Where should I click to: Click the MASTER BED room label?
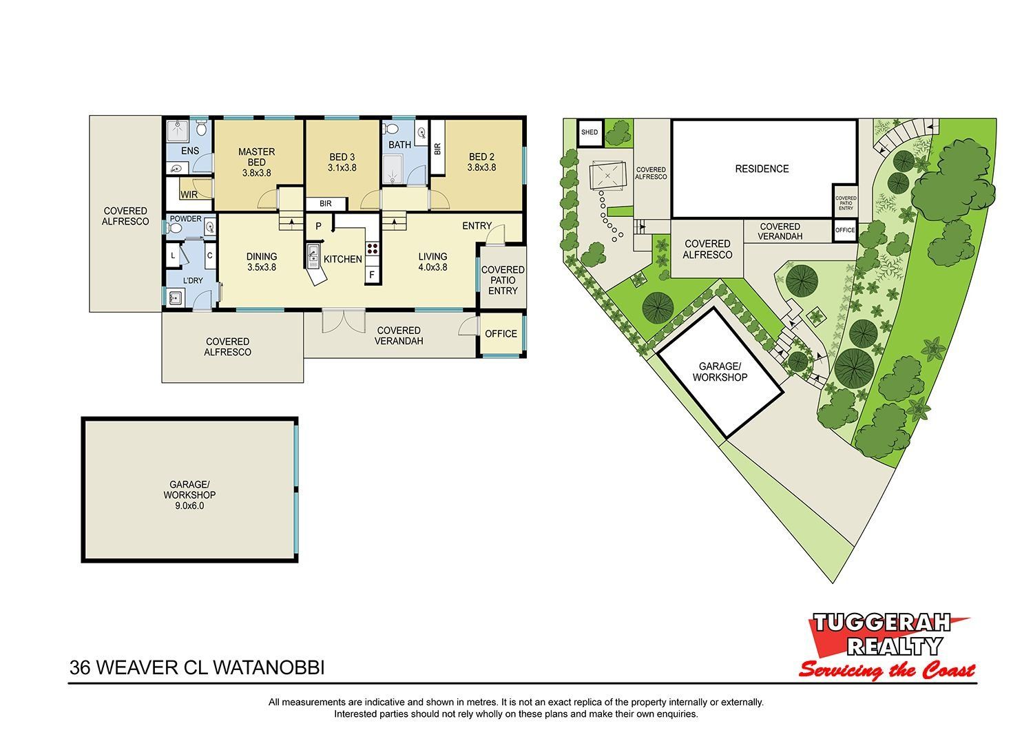click(256, 157)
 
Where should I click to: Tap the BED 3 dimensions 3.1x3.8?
click(342, 168)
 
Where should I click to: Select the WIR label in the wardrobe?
click(189, 195)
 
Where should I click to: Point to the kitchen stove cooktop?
click(372, 249)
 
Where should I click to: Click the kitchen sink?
click(313, 256)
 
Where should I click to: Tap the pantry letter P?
click(318, 226)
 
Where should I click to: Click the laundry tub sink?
click(176, 298)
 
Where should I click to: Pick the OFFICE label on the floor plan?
click(501, 334)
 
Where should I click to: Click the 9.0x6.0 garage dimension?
click(189, 505)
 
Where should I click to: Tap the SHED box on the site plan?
click(589, 132)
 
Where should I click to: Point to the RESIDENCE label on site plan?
click(762, 169)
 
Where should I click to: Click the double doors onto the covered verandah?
click(344, 321)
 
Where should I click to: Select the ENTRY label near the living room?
click(477, 226)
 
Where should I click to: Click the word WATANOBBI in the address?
click(269, 668)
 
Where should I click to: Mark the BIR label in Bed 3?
click(326, 203)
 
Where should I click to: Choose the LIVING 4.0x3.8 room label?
click(432, 262)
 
